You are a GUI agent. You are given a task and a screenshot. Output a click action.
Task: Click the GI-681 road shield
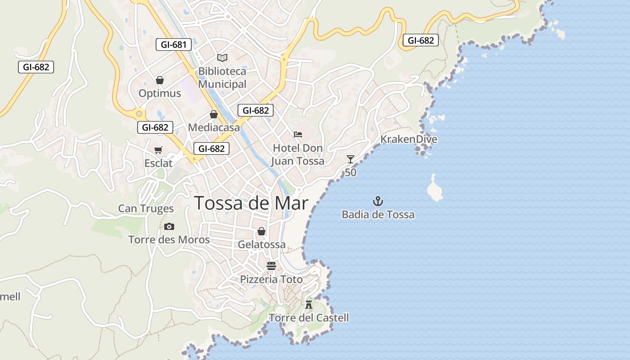(x=174, y=45)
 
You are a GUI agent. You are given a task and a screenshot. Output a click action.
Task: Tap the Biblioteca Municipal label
(x=222, y=78)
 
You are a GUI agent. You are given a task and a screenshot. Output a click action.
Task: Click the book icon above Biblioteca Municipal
(x=222, y=58)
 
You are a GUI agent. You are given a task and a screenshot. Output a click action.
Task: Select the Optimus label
(x=160, y=94)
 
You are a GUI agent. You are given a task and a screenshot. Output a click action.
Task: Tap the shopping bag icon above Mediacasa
(x=214, y=114)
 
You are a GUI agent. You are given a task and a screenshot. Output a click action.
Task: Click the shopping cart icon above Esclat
(x=158, y=150)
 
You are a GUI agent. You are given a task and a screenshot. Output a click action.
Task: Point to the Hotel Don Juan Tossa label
(x=298, y=154)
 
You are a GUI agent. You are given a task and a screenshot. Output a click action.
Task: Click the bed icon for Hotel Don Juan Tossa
(x=297, y=134)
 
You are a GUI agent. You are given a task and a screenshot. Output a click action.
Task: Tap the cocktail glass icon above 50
(x=351, y=159)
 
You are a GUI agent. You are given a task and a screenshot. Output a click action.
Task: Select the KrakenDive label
(x=409, y=139)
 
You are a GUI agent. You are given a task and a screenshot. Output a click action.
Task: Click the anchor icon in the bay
(x=378, y=201)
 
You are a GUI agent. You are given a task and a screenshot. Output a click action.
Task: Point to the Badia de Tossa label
(x=378, y=215)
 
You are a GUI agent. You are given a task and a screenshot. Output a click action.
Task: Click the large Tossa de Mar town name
(x=251, y=203)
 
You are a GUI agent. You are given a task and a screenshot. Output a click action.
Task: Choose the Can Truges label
(x=146, y=208)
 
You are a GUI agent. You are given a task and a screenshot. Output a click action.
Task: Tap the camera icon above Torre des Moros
(x=169, y=226)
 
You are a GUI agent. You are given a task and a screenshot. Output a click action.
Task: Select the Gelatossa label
(x=261, y=245)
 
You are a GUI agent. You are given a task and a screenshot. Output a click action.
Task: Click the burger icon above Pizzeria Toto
(x=271, y=265)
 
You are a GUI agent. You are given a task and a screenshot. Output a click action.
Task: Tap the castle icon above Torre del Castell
(x=309, y=304)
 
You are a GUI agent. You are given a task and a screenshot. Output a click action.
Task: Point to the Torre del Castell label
(x=309, y=318)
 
